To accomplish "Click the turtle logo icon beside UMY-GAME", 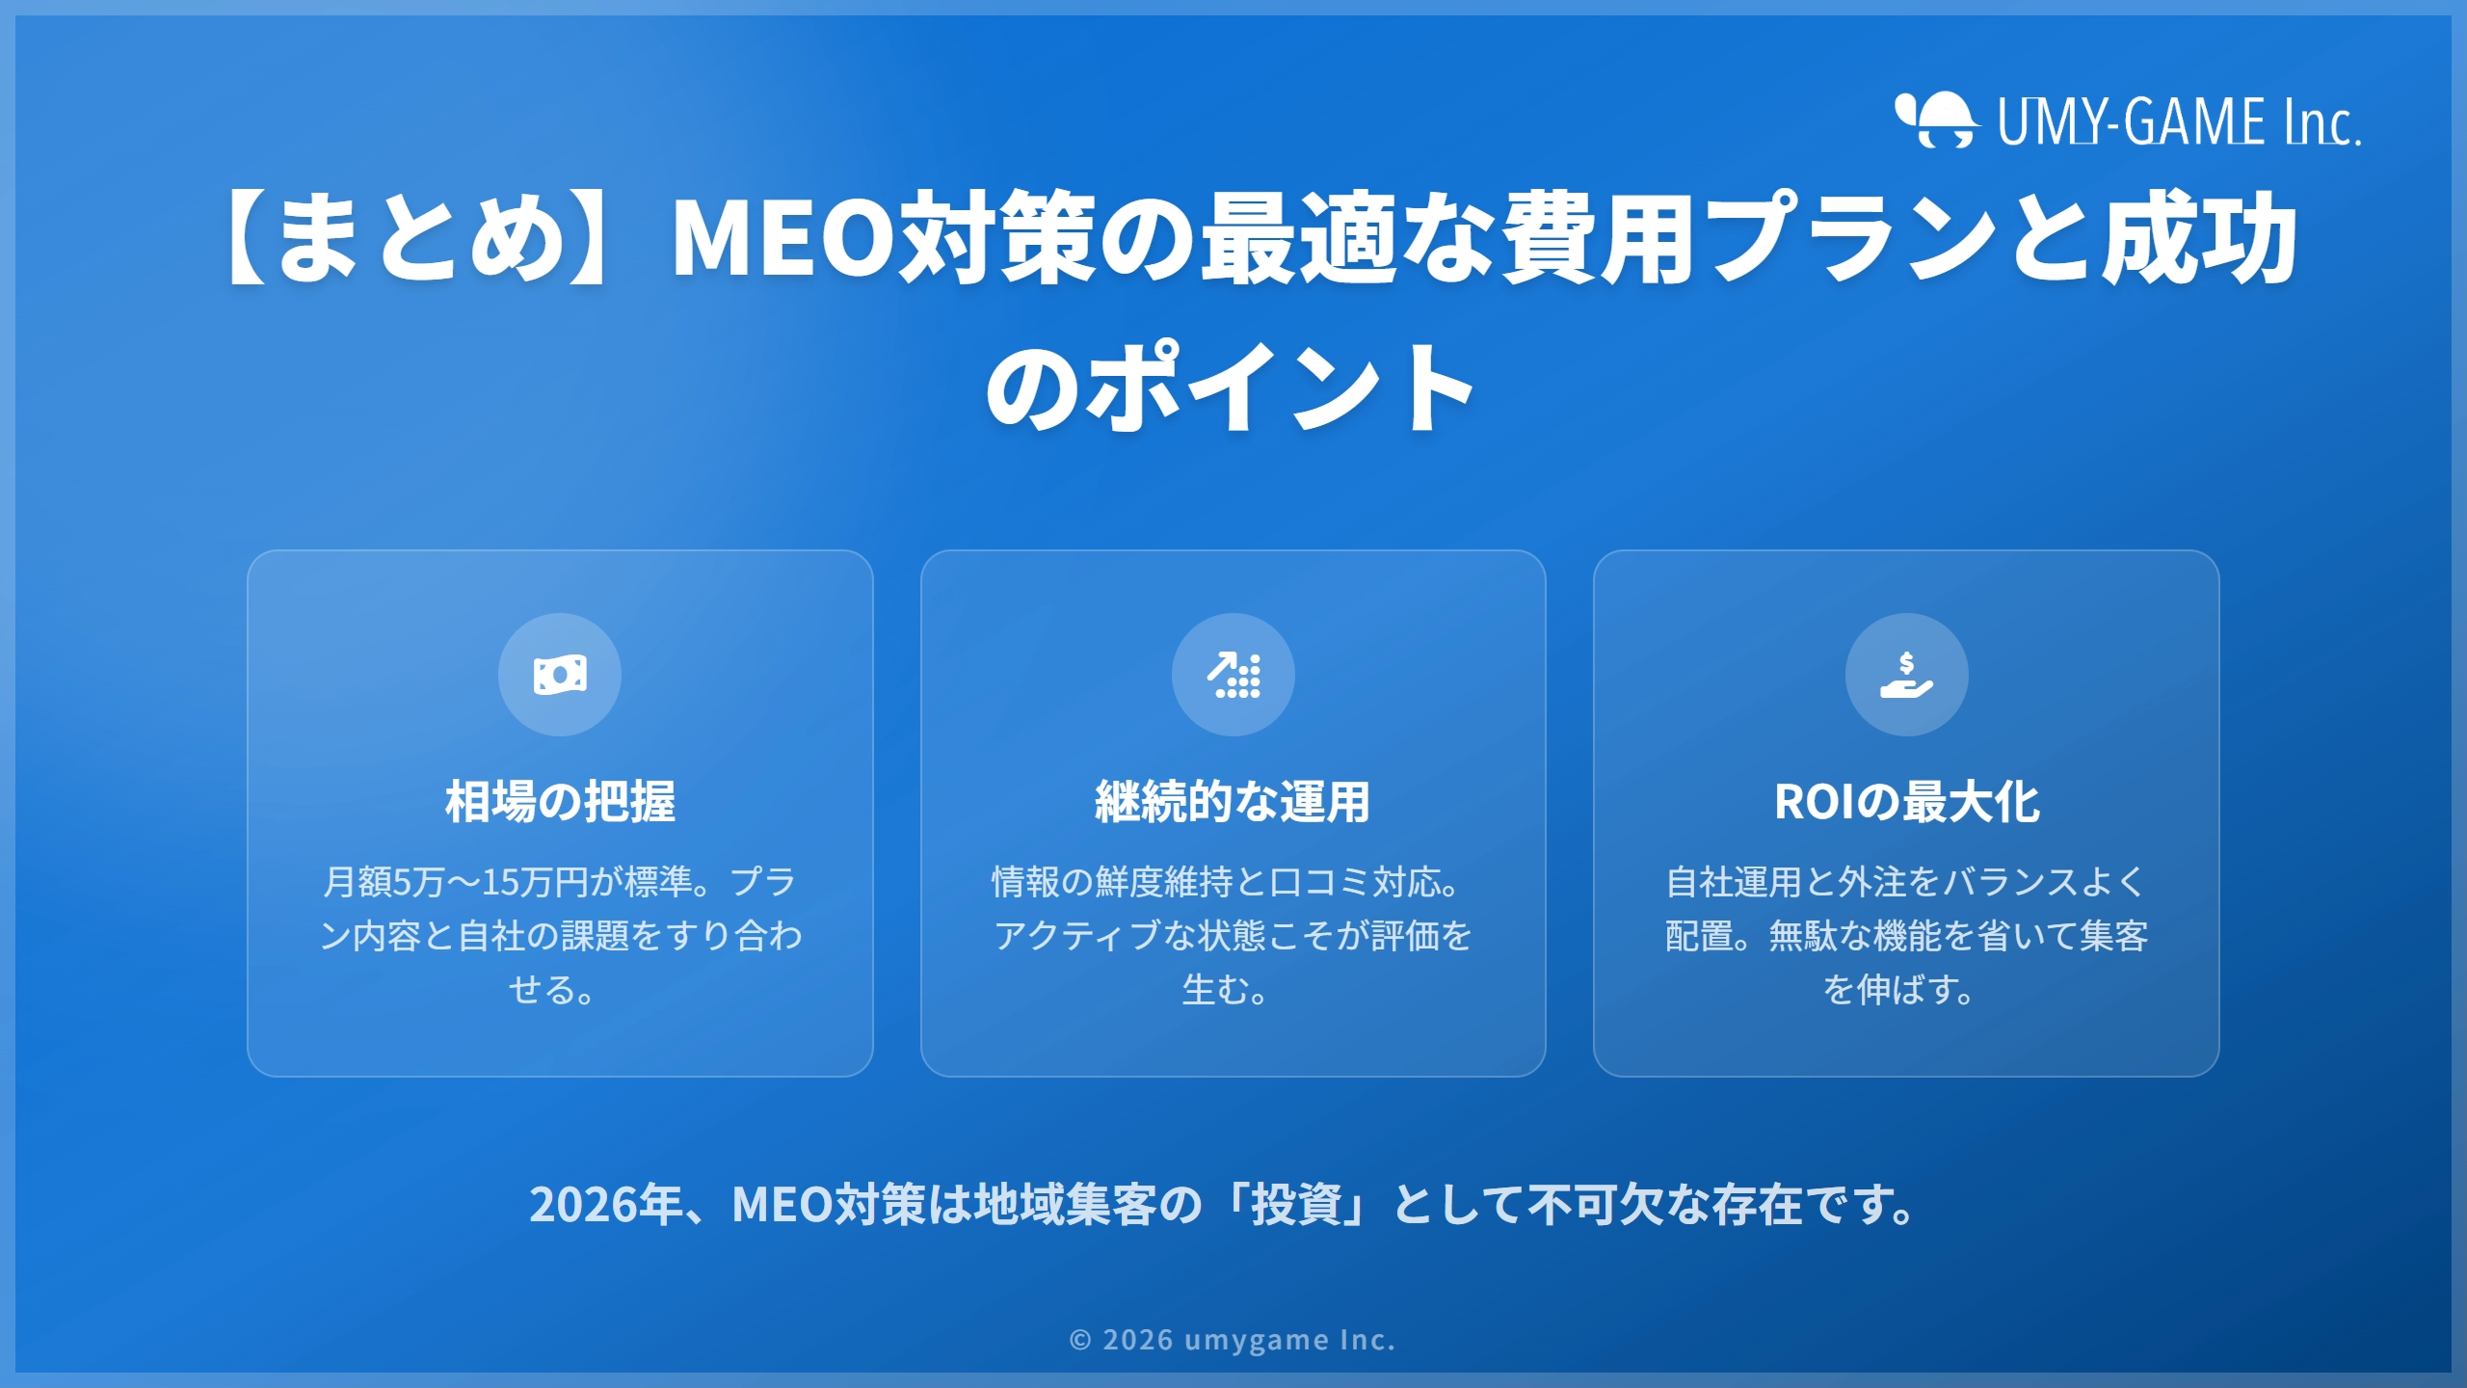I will pos(1935,120).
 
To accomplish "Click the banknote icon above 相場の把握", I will pos(560,675).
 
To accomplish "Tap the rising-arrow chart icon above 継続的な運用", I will pos(1233,675).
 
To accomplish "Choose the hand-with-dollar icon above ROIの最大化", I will pos(1906,675).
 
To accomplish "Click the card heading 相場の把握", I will pos(560,802).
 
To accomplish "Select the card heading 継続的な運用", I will pos(1233,802).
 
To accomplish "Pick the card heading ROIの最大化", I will pos(1906,802).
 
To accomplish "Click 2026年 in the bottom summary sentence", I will pos(606,1205).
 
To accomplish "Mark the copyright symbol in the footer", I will pos(1080,1341).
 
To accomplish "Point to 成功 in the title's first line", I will pos(2200,238).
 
